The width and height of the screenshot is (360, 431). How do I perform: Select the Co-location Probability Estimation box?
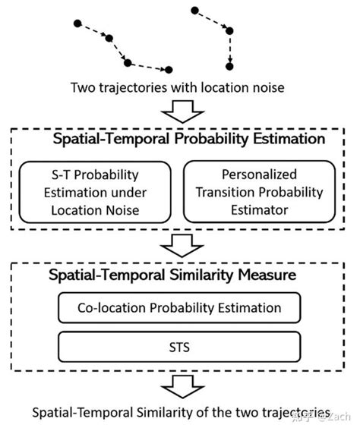pyautogui.click(x=180, y=308)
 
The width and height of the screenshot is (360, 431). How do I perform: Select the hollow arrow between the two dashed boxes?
pyautogui.click(x=180, y=244)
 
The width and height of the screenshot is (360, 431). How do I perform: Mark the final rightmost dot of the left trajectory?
pyautogui.click(x=169, y=70)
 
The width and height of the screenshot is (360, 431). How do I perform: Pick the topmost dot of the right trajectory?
pyautogui.click(x=194, y=11)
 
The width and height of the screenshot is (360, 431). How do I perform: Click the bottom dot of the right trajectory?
pyautogui.click(x=229, y=65)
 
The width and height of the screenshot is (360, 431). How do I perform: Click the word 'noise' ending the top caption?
pyautogui.click(x=267, y=88)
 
